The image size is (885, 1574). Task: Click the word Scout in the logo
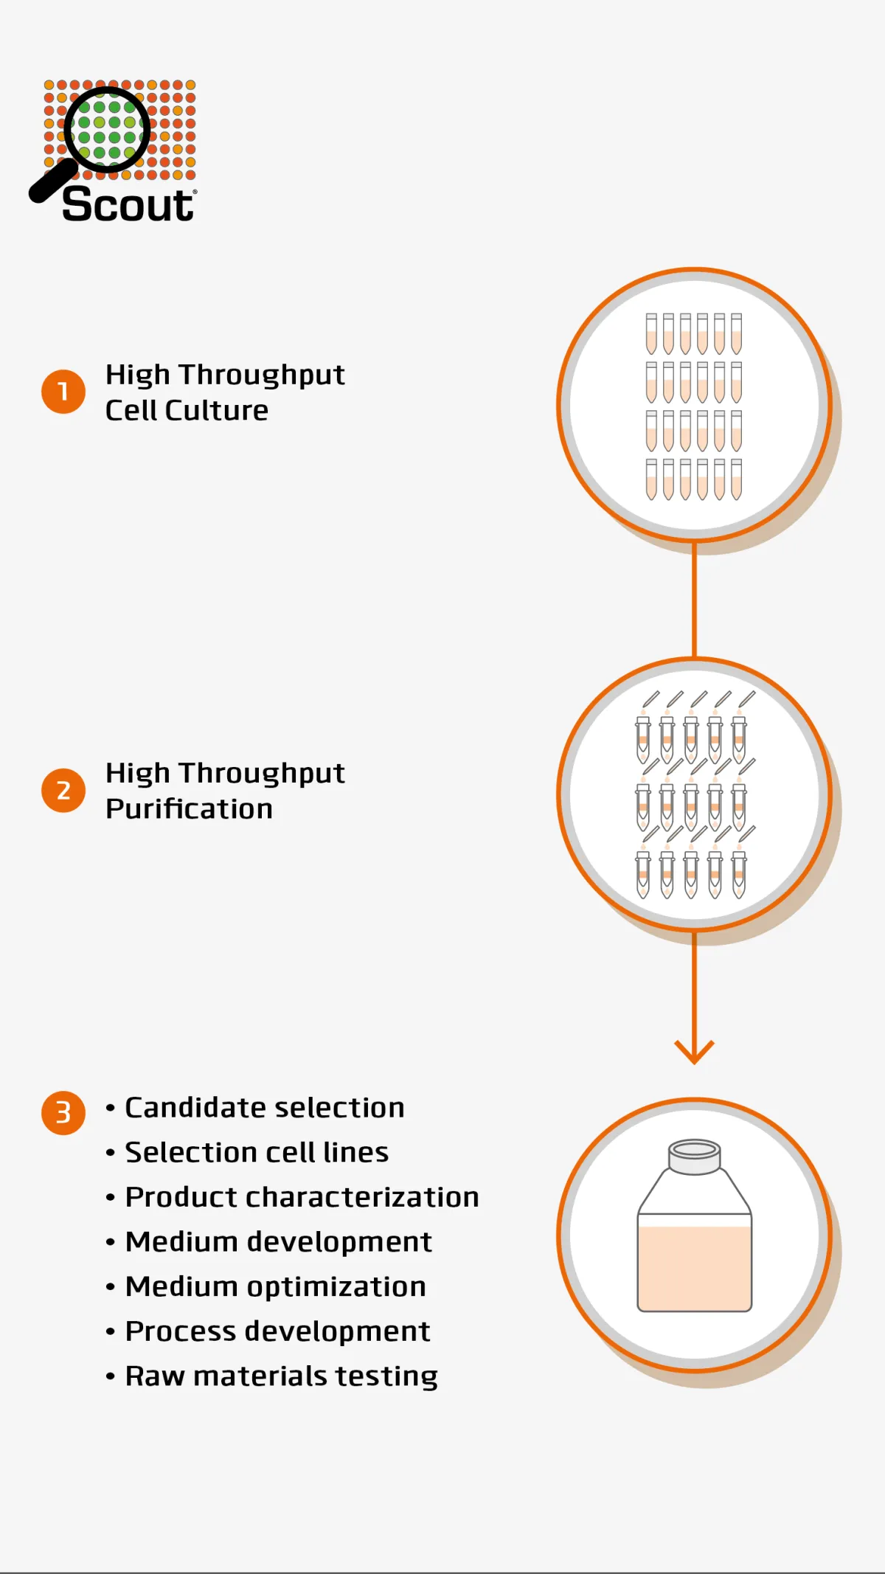pyautogui.click(x=128, y=204)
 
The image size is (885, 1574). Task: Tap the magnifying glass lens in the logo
pyautogui.click(x=108, y=130)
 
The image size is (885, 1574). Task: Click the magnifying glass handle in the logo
pyautogui.click(x=52, y=181)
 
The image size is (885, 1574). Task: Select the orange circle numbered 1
pyautogui.click(x=63, y=391)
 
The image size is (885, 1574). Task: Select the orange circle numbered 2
pyautogui.click(x=63, y=790)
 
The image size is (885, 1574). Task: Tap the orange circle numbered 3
pyautogui.click(x=63, y=1112)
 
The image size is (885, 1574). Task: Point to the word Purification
pyautogui.click(x=189, y=809)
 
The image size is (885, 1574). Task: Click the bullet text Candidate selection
pyautogui.click(x=264, y=1108)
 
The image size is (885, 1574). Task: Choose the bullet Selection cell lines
pyautogui.click(x=256, y=1153)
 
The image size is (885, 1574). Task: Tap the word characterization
pyautogui.click(x=362, y=1197)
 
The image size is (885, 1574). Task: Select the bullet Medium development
pyautogui.click(x=278, y=1242)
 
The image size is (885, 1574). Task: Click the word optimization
pyautogui.click(x=336, y=1287)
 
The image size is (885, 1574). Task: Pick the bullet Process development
pyautogui.click(x=277, y=1331)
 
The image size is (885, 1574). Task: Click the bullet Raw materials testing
pyautogui.click(x=281, y=1376)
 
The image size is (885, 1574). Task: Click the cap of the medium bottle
pyautogui.click(x=694, y=1156)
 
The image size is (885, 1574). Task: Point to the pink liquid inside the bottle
pyautogui.click(x=694, y=1269)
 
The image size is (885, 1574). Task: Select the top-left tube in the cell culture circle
pyautogui.click(x=651, y=333)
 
